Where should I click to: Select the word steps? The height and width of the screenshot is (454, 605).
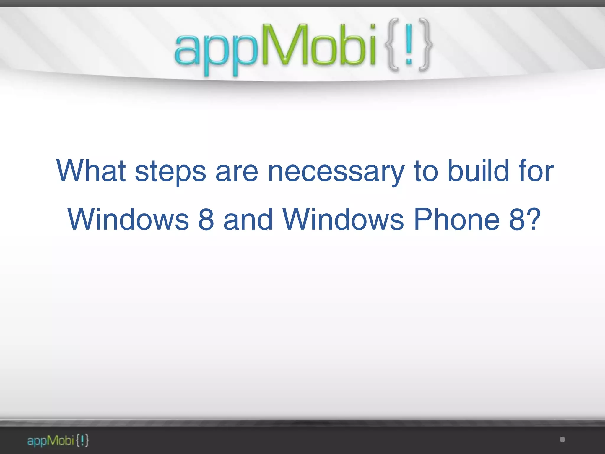[170, 172]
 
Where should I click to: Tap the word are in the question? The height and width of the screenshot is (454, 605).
[237, 171]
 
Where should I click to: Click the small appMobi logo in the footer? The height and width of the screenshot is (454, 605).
[58, 441]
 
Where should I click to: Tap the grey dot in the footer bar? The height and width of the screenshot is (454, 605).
[562, 440]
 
